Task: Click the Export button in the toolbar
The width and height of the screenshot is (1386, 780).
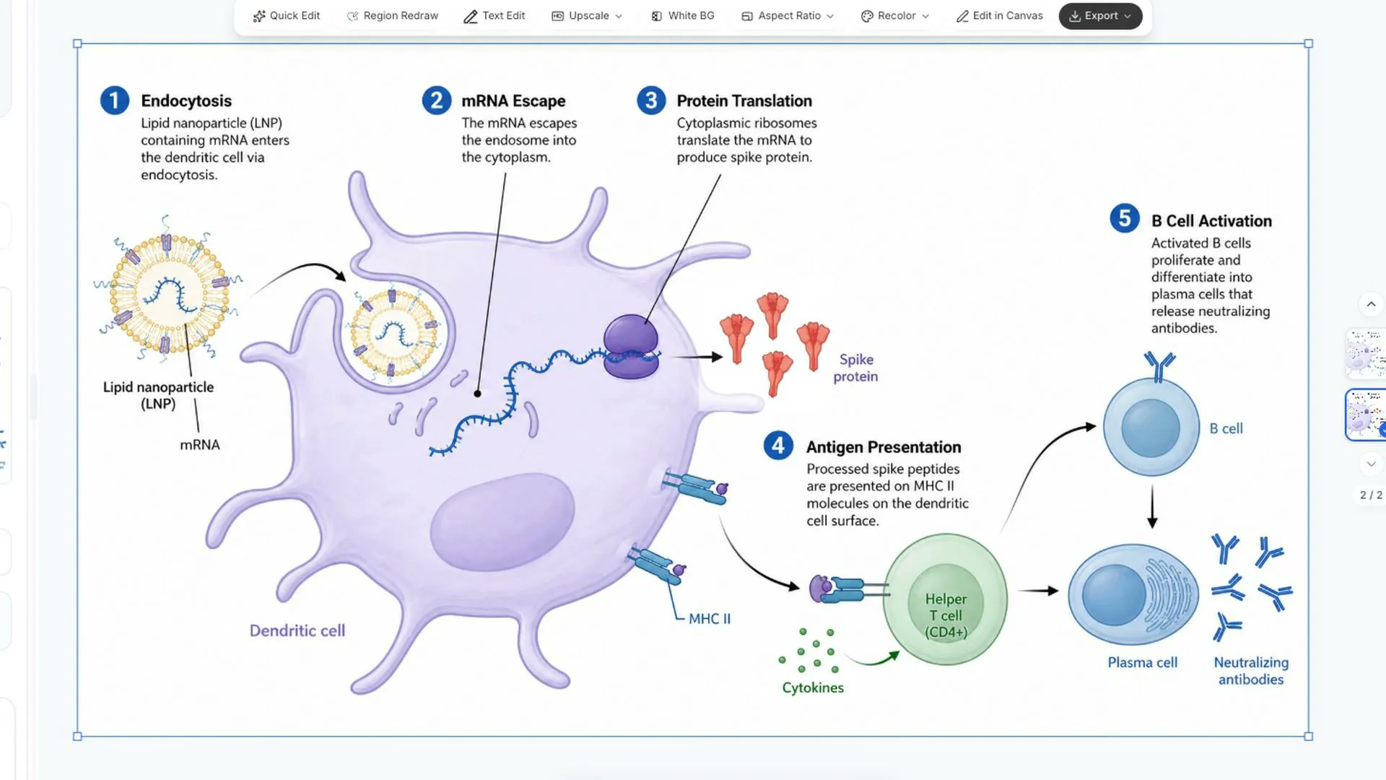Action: click(1100, 16)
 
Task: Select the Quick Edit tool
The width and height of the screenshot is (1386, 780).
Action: click(286, 16)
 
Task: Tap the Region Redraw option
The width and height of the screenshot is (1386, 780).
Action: click(392, 16)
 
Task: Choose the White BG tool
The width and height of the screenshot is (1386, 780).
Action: click(682, 16)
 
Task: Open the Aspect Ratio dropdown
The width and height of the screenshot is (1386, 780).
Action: click(788, 16)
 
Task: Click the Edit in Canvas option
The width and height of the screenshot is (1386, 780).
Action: click(999, 16)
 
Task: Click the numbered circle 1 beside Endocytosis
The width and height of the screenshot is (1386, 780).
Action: click(115, 100)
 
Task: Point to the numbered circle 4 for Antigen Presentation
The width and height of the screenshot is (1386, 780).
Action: click(778, 446)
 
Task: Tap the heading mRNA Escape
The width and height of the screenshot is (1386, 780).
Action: click(513, 101)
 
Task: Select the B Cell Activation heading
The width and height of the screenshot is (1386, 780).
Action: click(1211, 221)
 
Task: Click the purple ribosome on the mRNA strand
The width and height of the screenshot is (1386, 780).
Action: click(631, 347)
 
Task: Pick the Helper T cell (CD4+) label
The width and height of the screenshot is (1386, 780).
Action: click(946, 615)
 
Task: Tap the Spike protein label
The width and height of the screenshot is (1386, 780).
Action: click(856, 368)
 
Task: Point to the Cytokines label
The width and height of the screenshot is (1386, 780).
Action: click(813, 688)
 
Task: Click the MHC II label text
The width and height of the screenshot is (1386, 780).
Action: click(710, 619)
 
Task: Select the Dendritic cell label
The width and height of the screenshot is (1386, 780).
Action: click(297, 630)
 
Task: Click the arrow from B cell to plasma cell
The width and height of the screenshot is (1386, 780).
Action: click(1152, 507)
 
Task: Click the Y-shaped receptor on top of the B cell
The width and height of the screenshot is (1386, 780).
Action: click(1159, 366)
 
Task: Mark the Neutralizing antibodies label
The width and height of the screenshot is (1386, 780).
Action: click(1251, 671)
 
